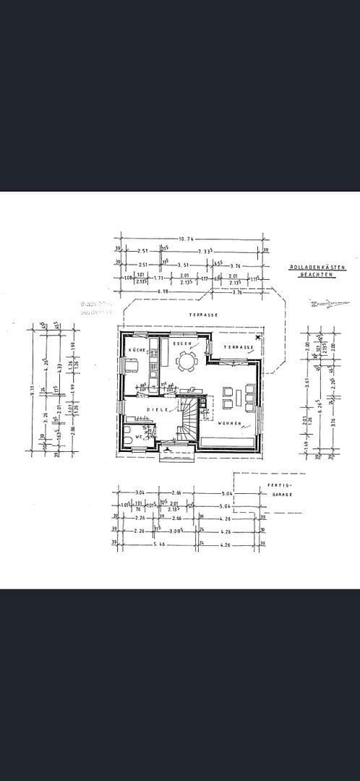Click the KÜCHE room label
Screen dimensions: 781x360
pos(137,350)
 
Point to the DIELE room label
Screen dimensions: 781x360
pos(158,409)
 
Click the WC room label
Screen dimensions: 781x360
pos(138,437)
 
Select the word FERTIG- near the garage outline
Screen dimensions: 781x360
pos(278,485)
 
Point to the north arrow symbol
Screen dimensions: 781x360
pos(320,304)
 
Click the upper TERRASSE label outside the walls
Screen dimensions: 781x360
pos(203,315)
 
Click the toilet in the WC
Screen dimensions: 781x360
pos(128,439)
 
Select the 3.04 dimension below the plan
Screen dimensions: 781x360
pos(138,492)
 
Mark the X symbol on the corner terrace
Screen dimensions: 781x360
pos(257,338)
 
